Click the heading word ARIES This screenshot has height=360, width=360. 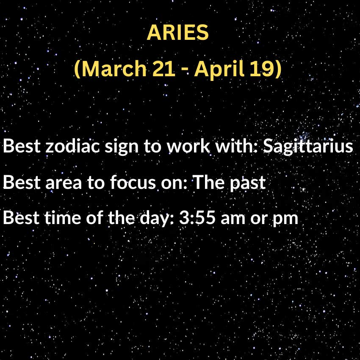pos(178,33)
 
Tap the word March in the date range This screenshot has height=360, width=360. pos(111,69)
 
